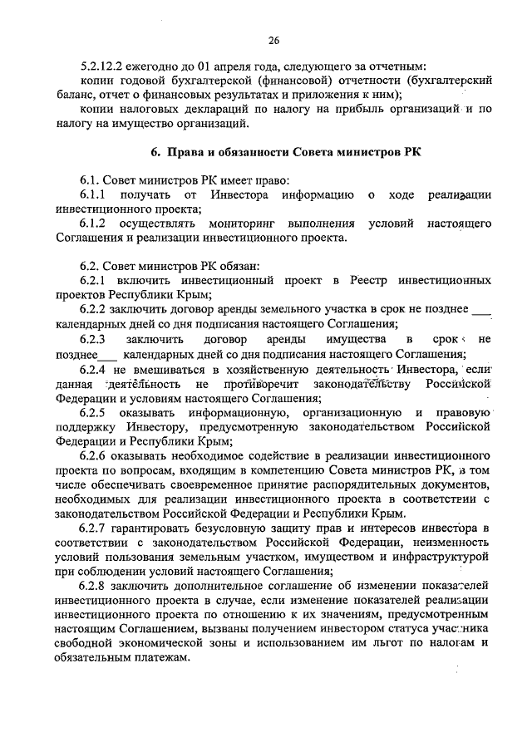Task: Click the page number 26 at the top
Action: click(273, 41)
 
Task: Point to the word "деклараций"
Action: click(221, 110)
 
